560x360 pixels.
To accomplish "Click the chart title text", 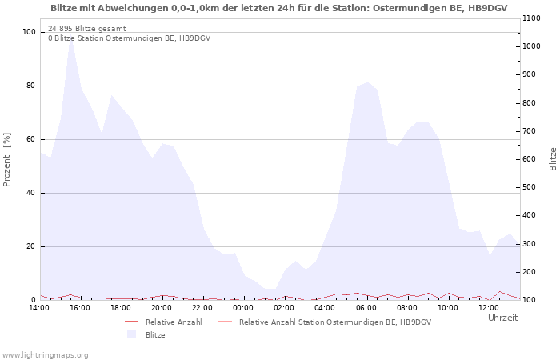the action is pyautogui.click(x=279, y=8).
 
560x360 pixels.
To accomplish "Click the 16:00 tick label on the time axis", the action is pyautogui.click(x=80, y=308).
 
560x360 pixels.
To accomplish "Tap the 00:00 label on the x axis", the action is pyautogui.click(x=243, y=308).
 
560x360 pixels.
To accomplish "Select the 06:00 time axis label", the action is pyautogui.click(x=366, y=308).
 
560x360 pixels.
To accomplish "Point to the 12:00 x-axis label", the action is pyautogui.click(x=489, y=308).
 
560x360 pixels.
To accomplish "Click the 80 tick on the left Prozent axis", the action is pyautogui.click(x=30, y=86).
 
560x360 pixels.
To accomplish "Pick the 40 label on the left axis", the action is pyautogui.click(x=30, y=193).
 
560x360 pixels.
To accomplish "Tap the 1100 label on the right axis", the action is pyautogui.click(x=531, y=18).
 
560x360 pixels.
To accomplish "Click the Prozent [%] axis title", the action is pyautogui.click(x=6, y=160).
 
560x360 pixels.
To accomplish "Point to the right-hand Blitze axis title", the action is pyautogui.click(x=553, y=159).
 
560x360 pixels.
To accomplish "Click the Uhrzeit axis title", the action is pyautogui.click(x=503, y=318).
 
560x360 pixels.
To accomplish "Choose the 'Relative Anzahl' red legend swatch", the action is pyautogui.click(x=131, y=322).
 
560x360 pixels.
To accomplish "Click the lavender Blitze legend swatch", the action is pyautogui.click(x=131, y=334).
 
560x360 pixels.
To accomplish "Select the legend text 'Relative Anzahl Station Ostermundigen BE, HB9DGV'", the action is pyautogui.click(x=335, y=322).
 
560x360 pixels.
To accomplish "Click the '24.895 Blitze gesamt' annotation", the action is pyautogui.click(x=87, y=29).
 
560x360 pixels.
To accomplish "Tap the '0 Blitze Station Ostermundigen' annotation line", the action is pyautogui.click(x=130, y=38).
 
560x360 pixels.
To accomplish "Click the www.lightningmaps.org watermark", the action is pyautogui.click(x=45, y=355).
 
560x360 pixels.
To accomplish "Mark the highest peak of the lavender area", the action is pyautogui.click(x=70, y=38).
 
